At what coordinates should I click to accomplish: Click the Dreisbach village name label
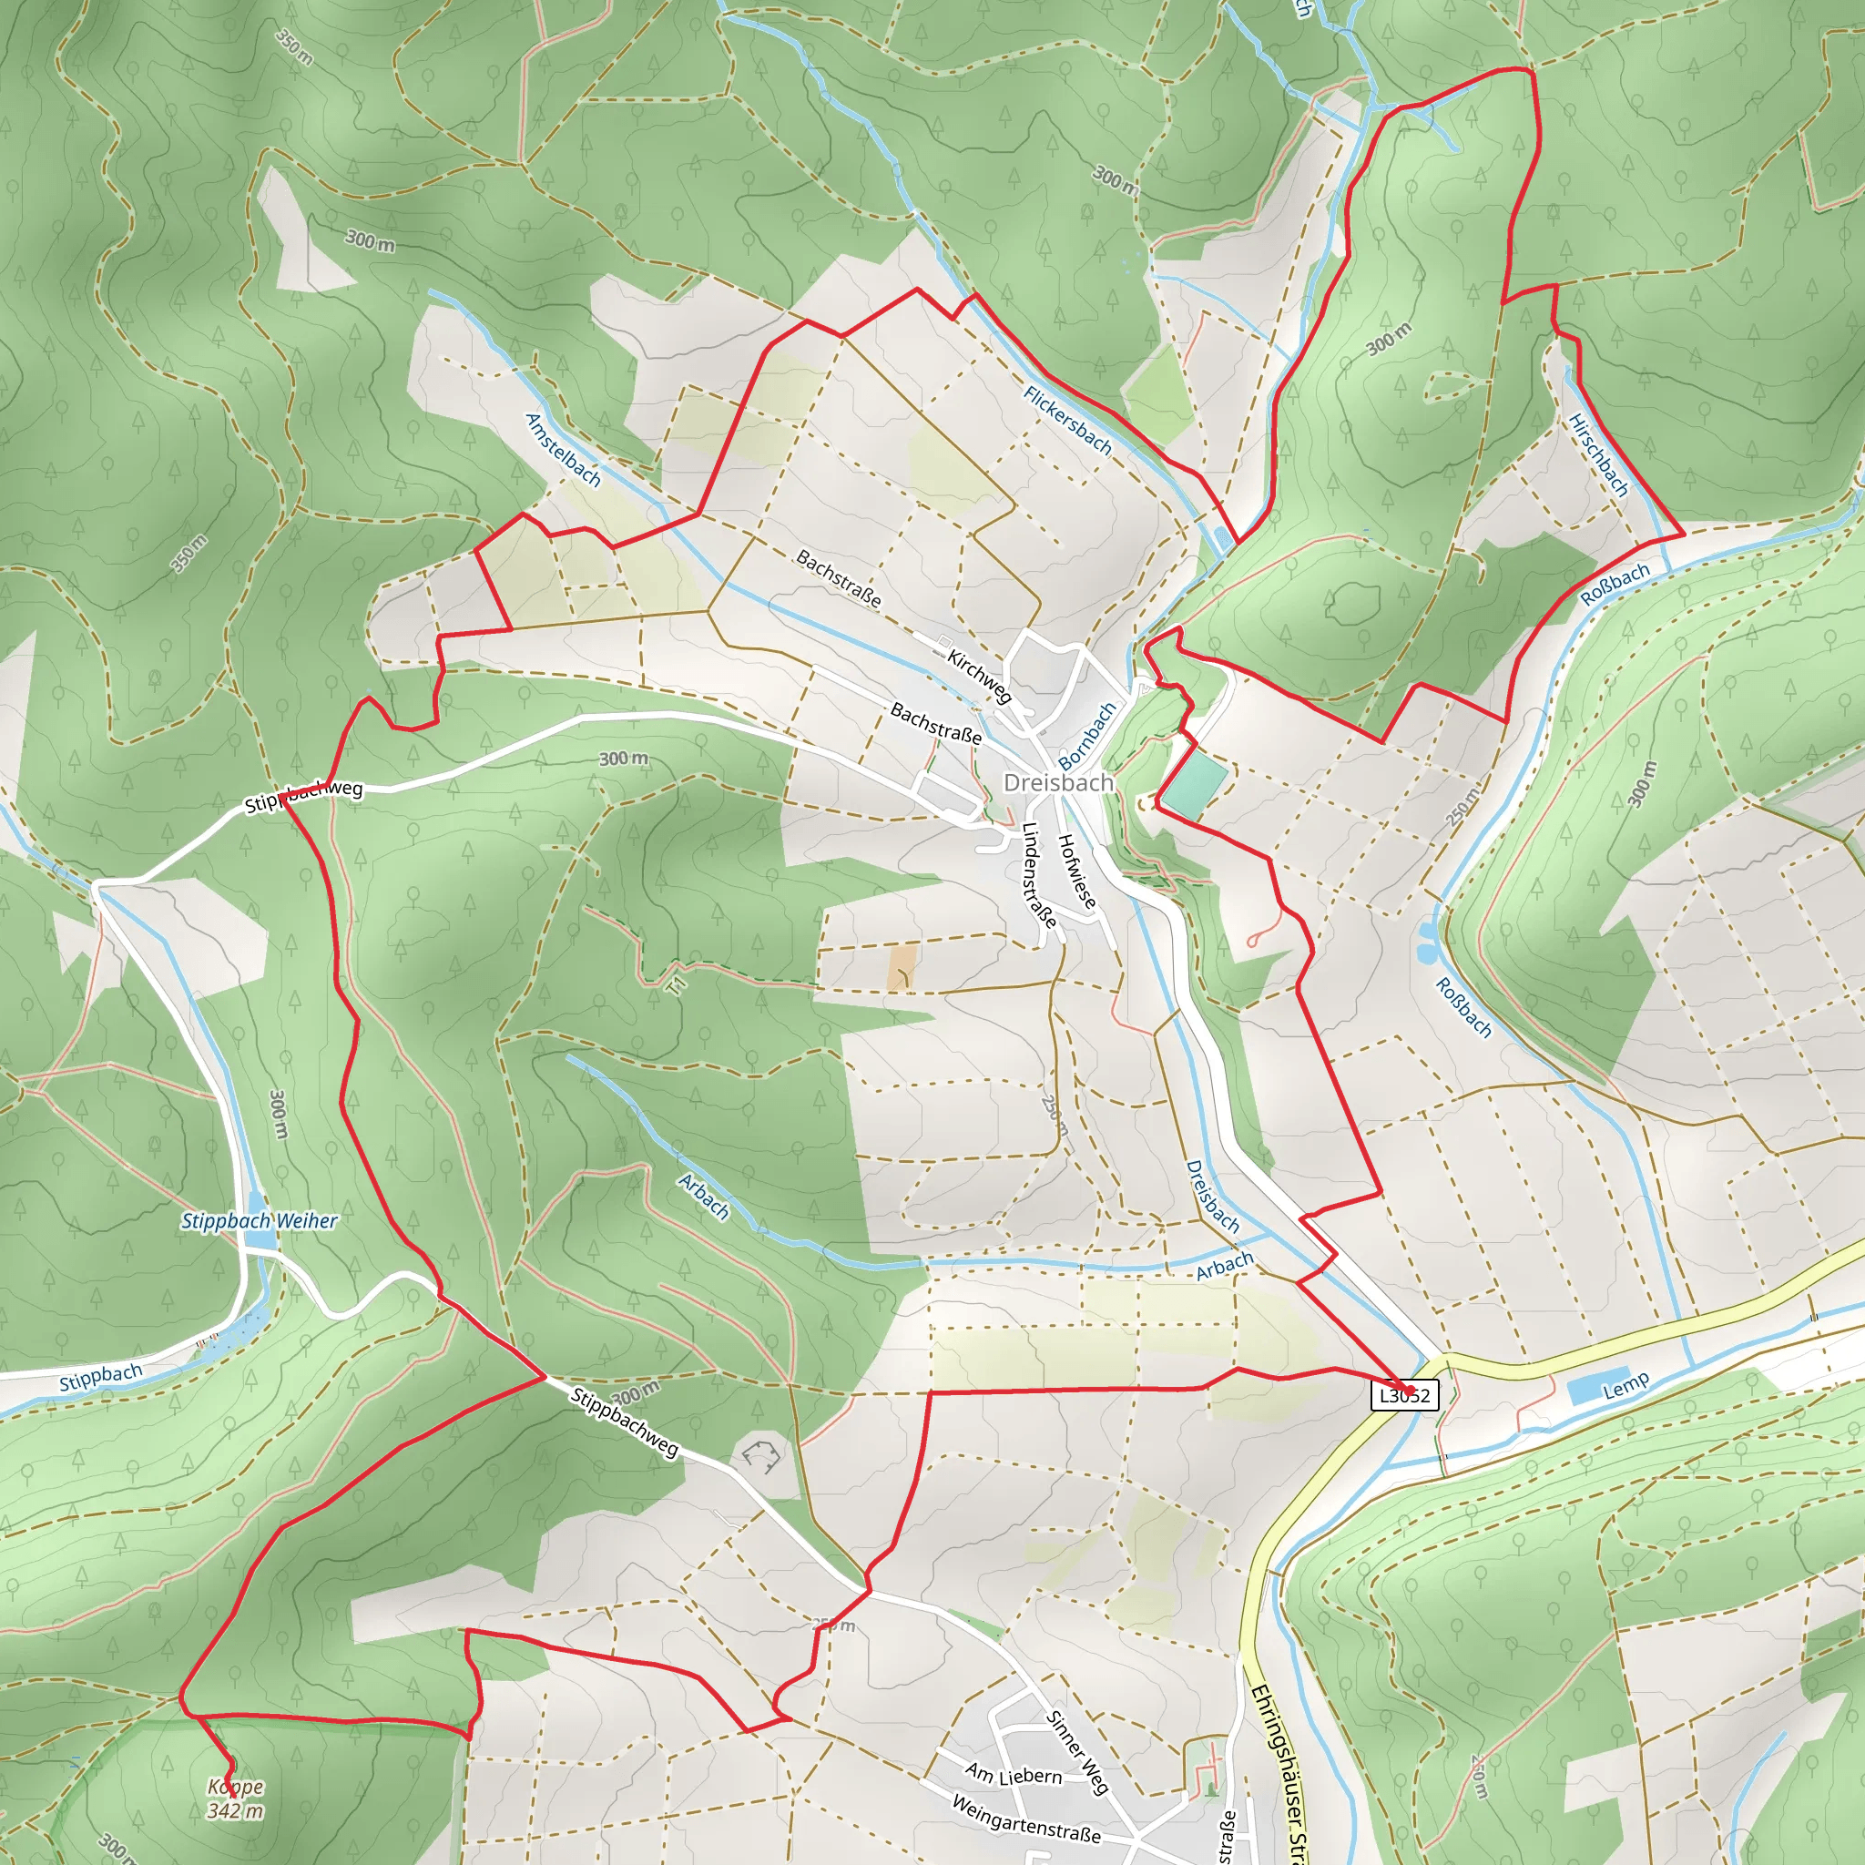(x=1058, y=782)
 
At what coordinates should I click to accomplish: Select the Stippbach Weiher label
(x=259, y=1221)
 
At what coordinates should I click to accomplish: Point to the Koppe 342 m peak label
(x=235, y=1799)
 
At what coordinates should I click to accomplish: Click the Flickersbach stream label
(x=1067, y=421)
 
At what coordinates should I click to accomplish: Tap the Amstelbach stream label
(x=563, y=450)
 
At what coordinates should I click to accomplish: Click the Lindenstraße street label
(x=1039, y=874)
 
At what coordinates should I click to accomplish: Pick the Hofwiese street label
(x=1076, y=871)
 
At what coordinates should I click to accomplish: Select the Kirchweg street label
(x=979, y=676)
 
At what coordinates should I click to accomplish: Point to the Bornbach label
(x=1087, y=736)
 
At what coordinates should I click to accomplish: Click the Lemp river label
(x=1626, y=1386)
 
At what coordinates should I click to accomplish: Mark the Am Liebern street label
(x=1014, y=1774)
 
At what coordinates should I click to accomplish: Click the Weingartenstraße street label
(x=1025, y=1819)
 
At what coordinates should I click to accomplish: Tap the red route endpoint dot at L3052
(x=1409, y=1391)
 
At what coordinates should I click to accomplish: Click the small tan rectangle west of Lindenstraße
(x=902, y=967)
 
